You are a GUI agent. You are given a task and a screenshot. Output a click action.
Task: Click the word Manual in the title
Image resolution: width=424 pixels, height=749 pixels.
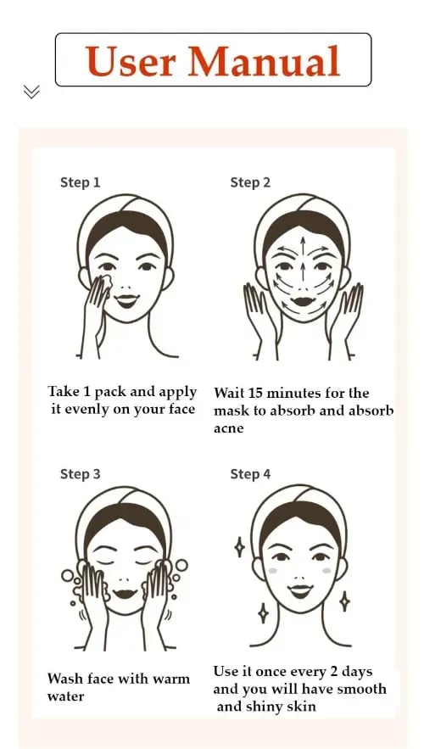point(264,61)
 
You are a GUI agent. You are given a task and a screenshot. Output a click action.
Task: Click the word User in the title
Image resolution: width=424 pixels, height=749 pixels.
point(131,61)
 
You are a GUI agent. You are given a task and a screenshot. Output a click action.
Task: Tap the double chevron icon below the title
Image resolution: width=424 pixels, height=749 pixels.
point(31,92)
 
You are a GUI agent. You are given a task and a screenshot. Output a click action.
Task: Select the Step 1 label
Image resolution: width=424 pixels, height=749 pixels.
point(81,182)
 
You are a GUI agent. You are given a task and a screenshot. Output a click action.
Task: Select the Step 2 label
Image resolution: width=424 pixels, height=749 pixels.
point(250,182)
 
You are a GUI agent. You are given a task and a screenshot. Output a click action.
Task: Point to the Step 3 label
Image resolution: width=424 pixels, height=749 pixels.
point(81,474)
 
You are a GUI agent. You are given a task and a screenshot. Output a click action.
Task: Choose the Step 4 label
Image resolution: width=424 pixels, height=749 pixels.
point(250,474)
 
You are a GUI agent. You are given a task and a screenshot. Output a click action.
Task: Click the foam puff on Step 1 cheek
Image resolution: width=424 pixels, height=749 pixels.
point(106,283)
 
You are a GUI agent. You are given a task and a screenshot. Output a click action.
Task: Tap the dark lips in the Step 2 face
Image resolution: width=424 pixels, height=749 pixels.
point(303,302)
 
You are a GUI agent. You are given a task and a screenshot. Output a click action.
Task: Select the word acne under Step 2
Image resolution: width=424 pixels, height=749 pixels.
point(229,428)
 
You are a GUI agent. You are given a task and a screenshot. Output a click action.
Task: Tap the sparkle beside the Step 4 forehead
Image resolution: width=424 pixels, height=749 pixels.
point(239,547)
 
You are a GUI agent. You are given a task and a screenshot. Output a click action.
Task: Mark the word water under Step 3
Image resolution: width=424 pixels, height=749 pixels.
point(65,696)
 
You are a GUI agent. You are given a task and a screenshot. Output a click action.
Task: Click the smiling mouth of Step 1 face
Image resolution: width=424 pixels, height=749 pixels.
point(127,301)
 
